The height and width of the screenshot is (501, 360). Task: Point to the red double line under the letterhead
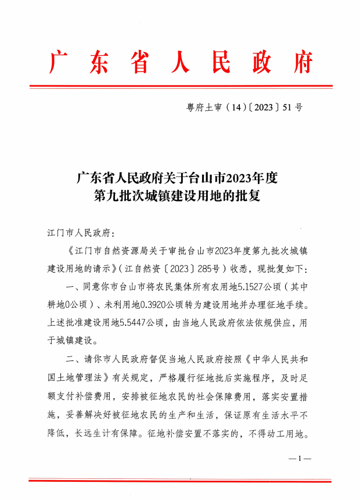tap(180, 86)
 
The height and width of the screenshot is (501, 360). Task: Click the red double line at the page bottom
tap(180, 481)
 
